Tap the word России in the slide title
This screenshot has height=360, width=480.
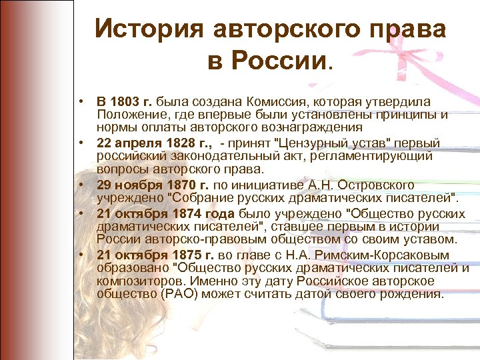point(278,62)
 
